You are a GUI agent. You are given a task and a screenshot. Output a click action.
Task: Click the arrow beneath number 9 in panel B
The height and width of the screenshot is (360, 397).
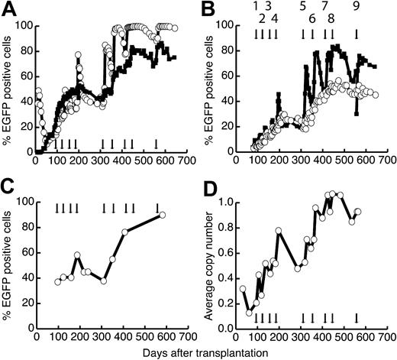click(356, 34)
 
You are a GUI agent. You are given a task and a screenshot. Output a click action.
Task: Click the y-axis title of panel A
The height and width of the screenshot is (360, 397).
click(7, 89)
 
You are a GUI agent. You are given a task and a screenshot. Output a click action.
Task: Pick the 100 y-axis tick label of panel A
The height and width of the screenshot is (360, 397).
click(23, 27)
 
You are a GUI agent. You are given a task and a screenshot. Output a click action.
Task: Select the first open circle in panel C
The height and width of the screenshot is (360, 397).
click(58, 282)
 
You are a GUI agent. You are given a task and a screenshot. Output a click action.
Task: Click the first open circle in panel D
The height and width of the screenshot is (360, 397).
click(243, 289)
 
